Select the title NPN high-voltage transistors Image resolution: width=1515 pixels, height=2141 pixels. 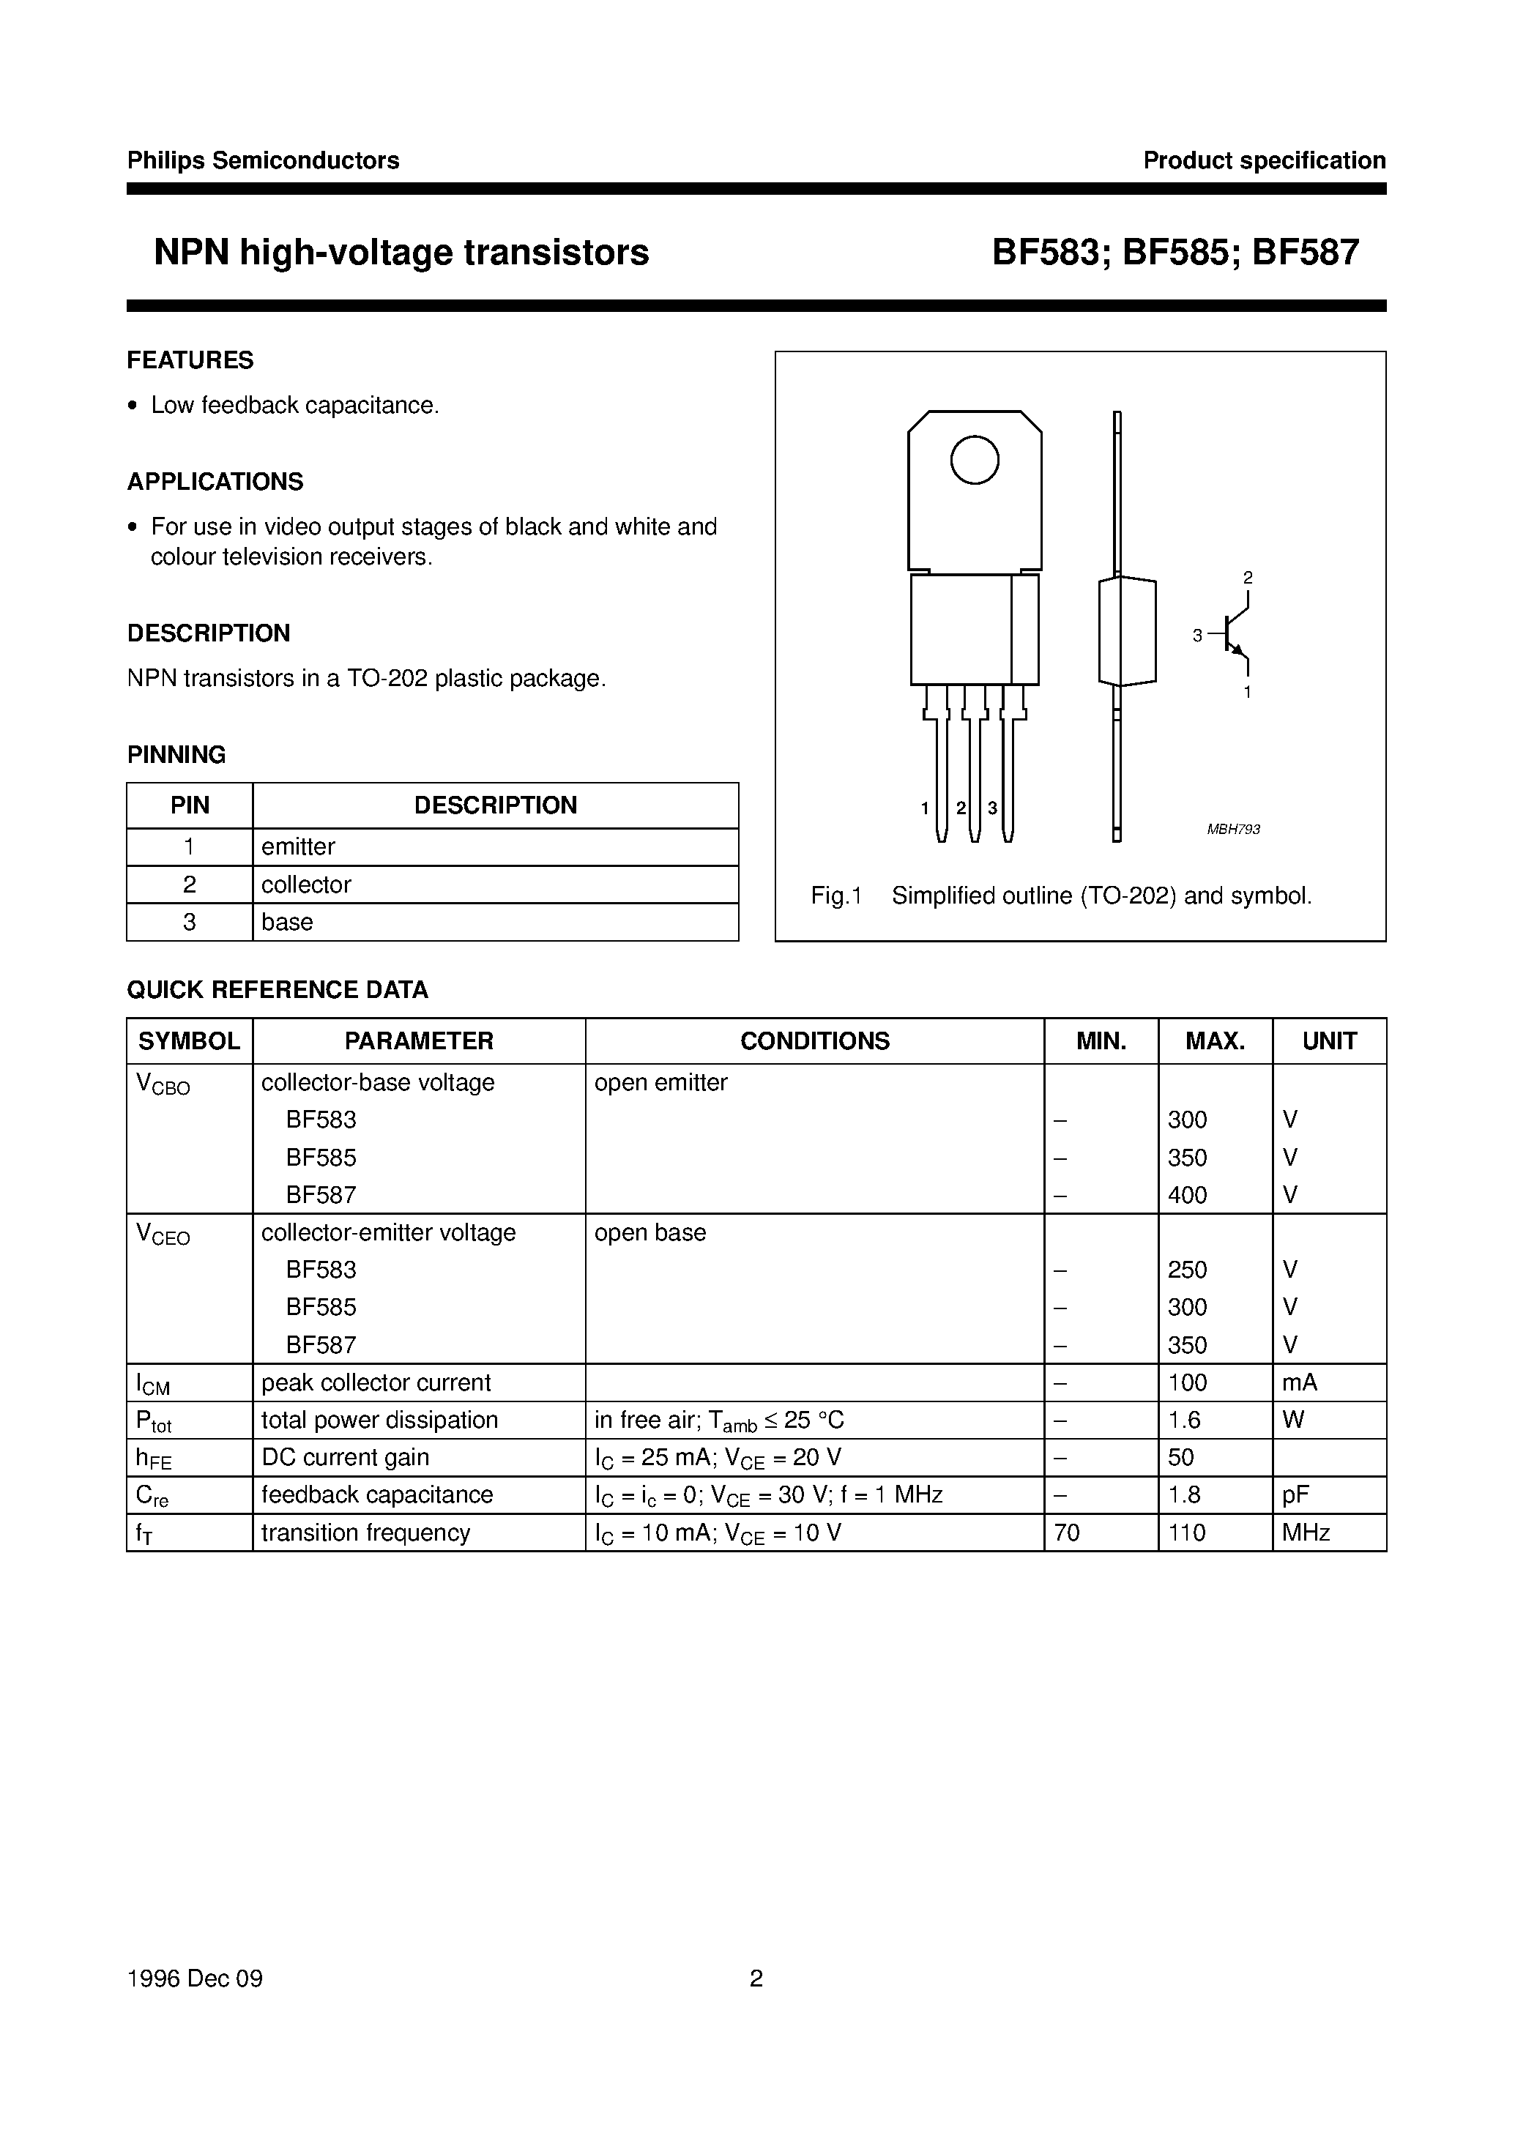point(401,253)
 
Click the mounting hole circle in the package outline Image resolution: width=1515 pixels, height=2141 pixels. point(974,460)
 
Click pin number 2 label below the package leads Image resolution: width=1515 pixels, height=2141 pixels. point(960,808)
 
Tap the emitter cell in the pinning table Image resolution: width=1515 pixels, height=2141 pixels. point(299,847)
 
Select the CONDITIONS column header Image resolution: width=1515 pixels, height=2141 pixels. point(814,1041)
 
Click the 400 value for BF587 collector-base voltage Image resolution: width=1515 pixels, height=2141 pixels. point(1187,1195)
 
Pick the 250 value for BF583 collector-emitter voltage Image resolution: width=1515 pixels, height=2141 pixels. point(1187,1270)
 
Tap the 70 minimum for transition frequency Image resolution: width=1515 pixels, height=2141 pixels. point(1066,1533)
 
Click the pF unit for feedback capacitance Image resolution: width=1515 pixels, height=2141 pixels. point(1295,1494)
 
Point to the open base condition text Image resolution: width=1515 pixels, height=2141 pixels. point(650,1232)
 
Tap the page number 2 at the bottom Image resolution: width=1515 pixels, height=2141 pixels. point(756,1978)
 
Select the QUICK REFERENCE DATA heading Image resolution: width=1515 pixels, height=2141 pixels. point(278,990)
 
